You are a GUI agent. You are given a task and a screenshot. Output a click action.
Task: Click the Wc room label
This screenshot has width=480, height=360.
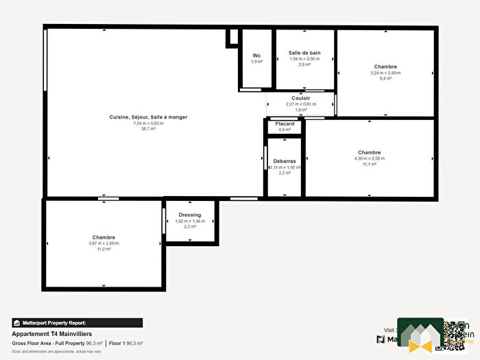[256, 56]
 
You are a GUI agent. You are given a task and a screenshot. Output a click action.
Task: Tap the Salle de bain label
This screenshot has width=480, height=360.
[304, 53]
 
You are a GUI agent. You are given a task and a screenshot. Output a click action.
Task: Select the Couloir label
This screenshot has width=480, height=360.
[301, 98]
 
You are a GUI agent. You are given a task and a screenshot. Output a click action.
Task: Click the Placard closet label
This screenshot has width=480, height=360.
[286, 123]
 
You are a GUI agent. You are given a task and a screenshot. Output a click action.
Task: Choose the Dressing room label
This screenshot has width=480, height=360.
[189, 215]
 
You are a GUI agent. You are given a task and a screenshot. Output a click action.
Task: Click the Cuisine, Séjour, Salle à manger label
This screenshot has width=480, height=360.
[148, 117]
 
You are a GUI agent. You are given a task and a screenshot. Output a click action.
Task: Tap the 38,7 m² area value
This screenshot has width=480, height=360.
[148, 128]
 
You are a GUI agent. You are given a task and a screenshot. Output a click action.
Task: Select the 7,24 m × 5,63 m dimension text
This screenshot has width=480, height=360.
[148, 123]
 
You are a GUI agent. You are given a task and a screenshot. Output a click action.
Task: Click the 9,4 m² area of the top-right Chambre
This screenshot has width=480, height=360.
[385, 78]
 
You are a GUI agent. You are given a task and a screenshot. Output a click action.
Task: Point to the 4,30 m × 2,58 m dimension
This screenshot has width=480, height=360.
[369, 158]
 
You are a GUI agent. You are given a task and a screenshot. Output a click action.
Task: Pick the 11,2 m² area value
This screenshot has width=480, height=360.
[104, 249]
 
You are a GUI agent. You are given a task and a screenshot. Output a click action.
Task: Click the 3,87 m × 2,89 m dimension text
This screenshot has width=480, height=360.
[104, 243]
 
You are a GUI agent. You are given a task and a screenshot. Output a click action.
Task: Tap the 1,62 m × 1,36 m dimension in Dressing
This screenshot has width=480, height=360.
[190, 221]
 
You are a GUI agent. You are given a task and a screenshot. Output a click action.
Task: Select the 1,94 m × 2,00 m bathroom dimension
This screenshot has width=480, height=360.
[304, 58]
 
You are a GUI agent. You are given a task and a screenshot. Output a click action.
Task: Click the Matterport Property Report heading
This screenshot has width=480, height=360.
[77, 322]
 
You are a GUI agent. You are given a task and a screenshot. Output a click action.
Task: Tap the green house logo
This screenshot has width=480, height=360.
[420, 335]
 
